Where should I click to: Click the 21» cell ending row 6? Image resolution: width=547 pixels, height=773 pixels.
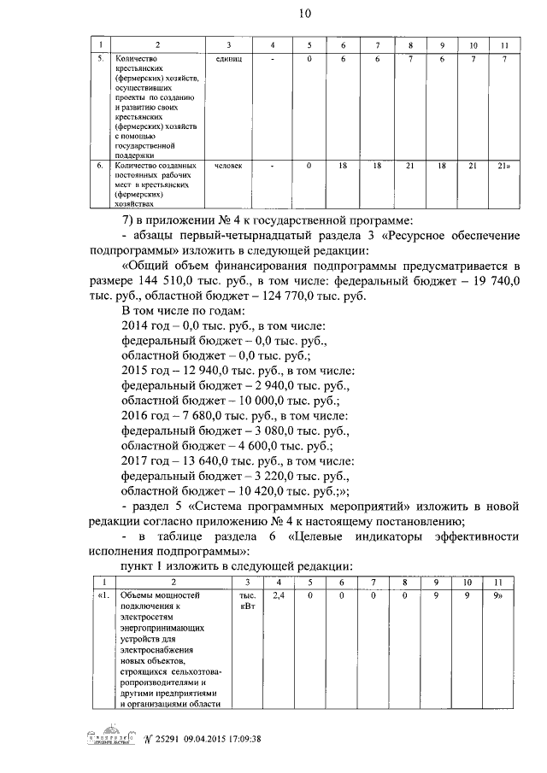[x=504, y=165]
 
